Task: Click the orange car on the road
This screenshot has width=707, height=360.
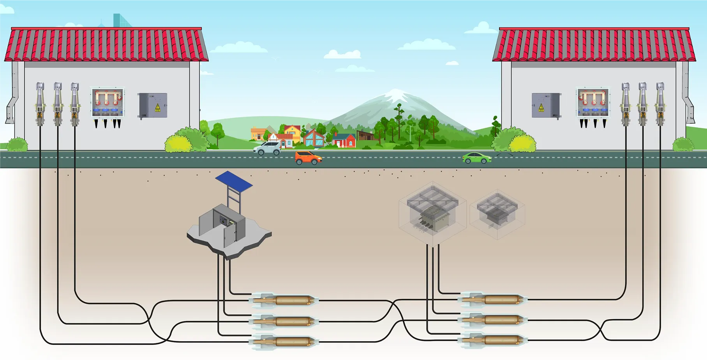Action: coord(308,158)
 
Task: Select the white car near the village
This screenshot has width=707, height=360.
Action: coord(267,148)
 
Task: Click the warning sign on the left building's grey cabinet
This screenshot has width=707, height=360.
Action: coord(158,107)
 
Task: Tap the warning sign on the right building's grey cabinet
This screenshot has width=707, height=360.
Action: coord(541,107)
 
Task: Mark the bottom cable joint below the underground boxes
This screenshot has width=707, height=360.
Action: coord(493,340)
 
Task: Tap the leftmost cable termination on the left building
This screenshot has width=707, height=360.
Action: coord(40,103)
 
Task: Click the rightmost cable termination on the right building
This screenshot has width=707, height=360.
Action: coord(660,103)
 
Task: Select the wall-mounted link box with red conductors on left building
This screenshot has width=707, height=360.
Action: coord(108,102)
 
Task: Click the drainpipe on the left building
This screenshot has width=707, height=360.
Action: coord(12,97)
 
